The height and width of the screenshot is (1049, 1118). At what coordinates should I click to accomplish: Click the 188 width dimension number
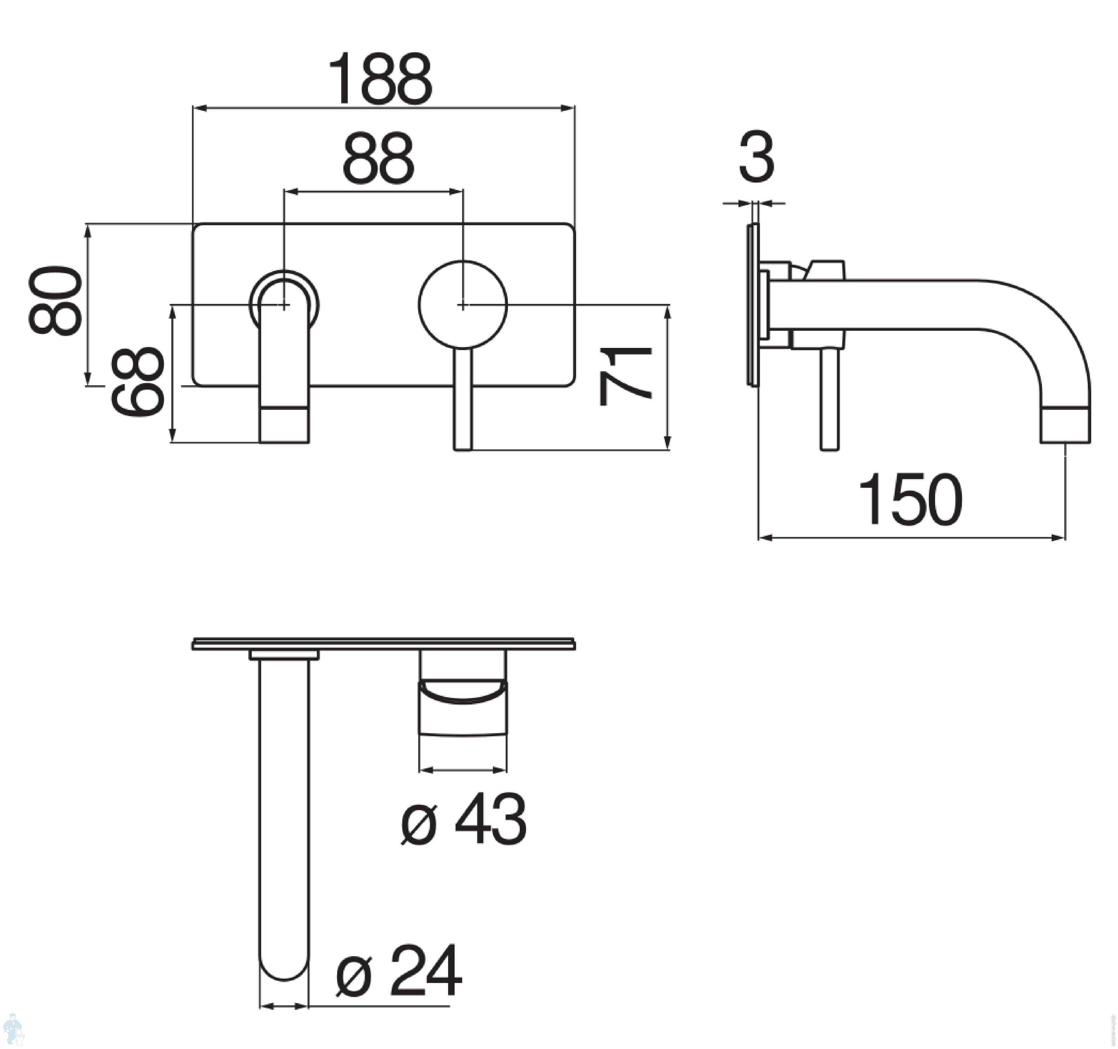380,80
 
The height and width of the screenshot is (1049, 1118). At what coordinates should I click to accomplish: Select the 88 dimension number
378,159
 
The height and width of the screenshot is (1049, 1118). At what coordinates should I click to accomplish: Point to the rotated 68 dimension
137,381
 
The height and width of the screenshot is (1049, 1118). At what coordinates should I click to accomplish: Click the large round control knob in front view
463,304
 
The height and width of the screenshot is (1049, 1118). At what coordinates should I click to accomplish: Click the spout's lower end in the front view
284,425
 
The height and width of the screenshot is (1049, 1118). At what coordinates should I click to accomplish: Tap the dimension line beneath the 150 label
911,538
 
